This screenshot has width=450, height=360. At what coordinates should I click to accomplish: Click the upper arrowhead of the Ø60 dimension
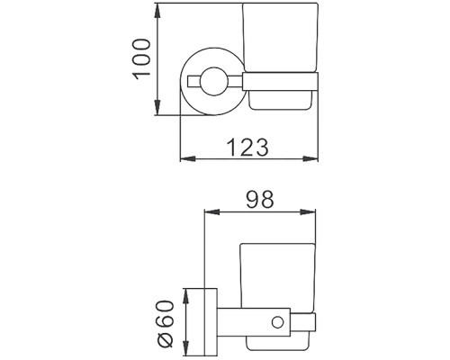click(186, 292)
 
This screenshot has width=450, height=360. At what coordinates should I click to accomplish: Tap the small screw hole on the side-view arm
click(277, 320)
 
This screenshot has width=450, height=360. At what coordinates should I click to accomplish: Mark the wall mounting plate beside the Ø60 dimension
click(210, 320)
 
